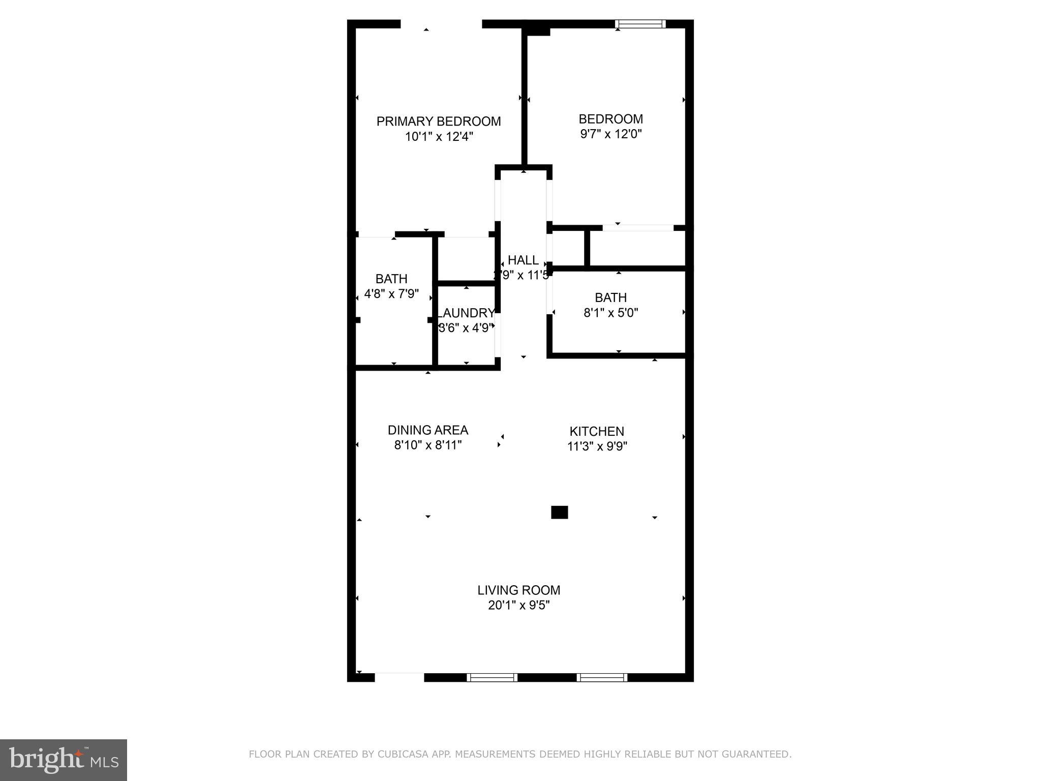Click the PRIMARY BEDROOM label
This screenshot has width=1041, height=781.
(438, 122)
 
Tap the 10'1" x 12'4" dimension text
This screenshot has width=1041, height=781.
(439, 137)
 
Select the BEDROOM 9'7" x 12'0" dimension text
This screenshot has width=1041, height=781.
(610, 134)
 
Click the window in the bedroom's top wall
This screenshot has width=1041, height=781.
(640, 24)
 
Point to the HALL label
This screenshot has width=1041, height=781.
(523, 260)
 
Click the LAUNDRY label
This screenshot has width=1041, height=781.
(467, 313)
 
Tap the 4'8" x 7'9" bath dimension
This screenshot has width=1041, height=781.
(391, 294)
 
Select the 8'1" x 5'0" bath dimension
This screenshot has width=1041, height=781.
(610, 313)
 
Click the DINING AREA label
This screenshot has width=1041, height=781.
(427, 430)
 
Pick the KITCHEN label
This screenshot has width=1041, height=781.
(597, 432)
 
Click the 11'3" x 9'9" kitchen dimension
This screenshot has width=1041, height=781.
(597, 446)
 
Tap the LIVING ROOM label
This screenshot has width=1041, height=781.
(518, 590)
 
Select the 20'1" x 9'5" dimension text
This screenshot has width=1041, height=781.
(518, 606)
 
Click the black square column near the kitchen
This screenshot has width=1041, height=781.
(559, 512)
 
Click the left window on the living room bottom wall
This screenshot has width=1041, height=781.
(492, 677)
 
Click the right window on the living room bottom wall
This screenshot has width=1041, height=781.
(602, 677)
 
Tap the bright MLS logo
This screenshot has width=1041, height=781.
(64, 760)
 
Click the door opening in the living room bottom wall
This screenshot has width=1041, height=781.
(399, 677)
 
